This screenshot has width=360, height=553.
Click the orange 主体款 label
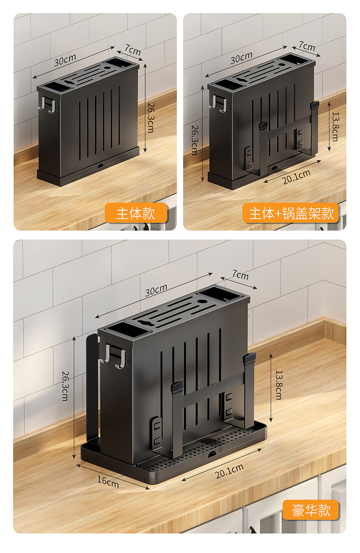click(x=136, y=213)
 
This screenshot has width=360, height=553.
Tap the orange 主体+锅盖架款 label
click(x=291, y=213)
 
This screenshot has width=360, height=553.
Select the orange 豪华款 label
click(x=311, y=510)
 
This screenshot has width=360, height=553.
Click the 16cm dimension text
click(x=108, y=481)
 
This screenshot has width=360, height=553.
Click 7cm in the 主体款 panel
click(x=132, y=50)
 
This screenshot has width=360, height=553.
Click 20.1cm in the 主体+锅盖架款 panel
click(x=296, y=176)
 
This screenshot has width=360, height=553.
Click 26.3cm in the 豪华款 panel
click(x=65, y=385)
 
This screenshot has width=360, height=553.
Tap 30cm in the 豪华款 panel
click(x=156, y=290)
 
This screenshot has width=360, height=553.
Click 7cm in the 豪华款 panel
click(x=240, y=275)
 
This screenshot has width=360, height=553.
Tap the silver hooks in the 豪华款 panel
click(x=114, y=356)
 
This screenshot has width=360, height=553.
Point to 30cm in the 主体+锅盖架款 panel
click(x=241, y=58)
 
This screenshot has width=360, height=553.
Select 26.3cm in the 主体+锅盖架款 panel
click(x=195, y=139)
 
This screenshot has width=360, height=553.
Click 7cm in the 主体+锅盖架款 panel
click(x=307, y=46)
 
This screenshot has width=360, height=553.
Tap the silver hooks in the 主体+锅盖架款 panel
click(x=220, y=104)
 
